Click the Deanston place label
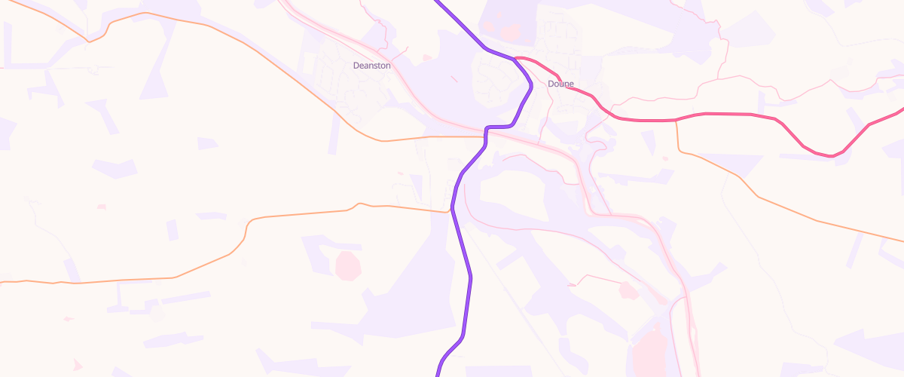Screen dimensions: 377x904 point(371,66)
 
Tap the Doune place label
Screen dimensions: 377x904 point(561,84)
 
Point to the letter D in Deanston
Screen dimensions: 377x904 point(356,66)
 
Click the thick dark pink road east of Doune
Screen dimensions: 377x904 point(723,114)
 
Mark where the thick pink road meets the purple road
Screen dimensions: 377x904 point(515,58)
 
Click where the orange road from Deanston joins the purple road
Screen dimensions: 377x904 point(486,137)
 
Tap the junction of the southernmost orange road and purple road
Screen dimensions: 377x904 point(453,210)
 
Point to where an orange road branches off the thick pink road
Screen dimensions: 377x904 point(676,120)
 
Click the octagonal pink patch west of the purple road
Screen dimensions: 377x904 point(347,265)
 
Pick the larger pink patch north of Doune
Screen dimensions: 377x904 point(511,32)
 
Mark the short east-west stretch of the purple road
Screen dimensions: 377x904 point(500,127)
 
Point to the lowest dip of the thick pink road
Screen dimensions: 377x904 point(830,156)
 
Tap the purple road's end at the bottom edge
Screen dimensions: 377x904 point(438,373)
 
